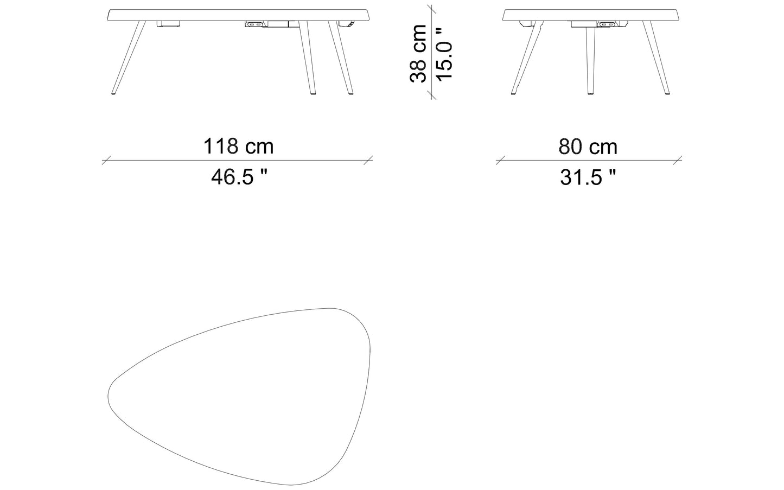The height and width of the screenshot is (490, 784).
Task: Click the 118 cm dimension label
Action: pos(238,146)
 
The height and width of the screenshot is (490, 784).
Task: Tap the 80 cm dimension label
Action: pos(588,147)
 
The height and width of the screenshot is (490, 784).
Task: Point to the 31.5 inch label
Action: pos(588,177)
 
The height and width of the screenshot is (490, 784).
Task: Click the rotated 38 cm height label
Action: pos(418,53)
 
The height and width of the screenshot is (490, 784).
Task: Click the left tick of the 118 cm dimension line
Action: pos(106,160)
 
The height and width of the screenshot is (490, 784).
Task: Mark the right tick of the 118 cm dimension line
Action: pos(368,160)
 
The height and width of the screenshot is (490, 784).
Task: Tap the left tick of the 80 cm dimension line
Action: pos(500,160)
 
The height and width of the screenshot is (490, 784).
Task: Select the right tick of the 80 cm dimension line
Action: pos(678,160)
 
